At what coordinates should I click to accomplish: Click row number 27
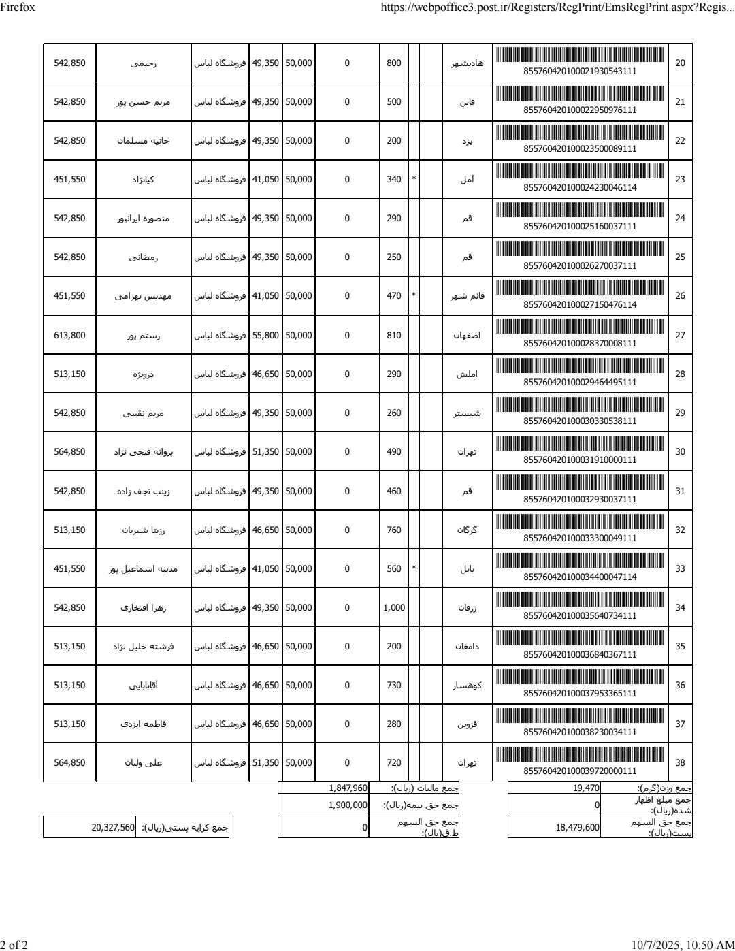(x=680, y=335)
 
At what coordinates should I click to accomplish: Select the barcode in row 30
(x=580, y=444)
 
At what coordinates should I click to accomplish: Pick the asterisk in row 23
(x=414, y=180)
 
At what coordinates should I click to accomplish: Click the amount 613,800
(x=69, y=335)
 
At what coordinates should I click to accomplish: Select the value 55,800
(x=265, y=335)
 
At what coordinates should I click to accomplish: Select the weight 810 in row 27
(x=394, y=335)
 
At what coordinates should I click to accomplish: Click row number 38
(x=680, y=762)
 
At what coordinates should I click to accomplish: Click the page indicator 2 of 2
(x=14, y=944)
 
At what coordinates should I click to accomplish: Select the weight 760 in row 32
(x=394, y=530)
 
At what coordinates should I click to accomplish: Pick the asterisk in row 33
(x=414, y=568)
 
